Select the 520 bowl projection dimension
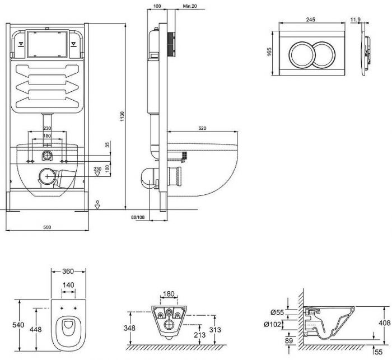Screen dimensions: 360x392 click(x=202, y=128)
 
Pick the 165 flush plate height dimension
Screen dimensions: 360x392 click(x=269, y=52)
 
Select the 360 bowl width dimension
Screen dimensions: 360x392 click(x=68, y=271)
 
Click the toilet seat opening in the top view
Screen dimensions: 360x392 click(x=68, y=327)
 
